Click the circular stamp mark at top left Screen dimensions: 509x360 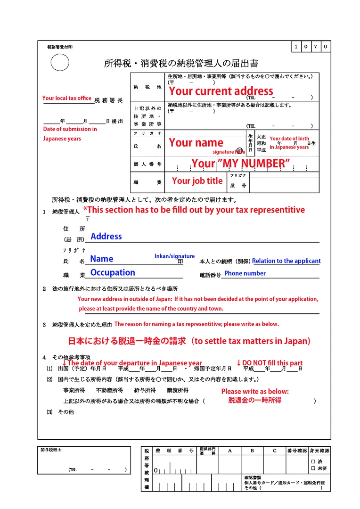(60, 62)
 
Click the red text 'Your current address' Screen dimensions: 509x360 (221, 90)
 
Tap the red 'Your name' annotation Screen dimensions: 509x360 (196, 142)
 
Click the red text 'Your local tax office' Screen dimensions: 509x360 (67, 98)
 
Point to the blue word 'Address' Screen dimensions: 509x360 (106, 236)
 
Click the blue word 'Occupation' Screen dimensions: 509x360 (113, 272)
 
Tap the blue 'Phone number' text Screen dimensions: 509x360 (245, 273)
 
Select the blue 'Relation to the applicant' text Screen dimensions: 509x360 (286, 261)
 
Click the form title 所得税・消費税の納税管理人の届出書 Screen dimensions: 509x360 (181, 63)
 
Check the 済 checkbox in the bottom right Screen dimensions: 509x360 (313, 461)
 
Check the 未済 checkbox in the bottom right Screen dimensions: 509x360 (313, 468)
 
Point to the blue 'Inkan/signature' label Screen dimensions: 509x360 (174, 256)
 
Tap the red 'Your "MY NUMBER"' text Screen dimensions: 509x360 (240, 164)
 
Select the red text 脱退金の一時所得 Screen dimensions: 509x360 (255, 400)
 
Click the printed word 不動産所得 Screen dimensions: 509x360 (109, 391)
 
